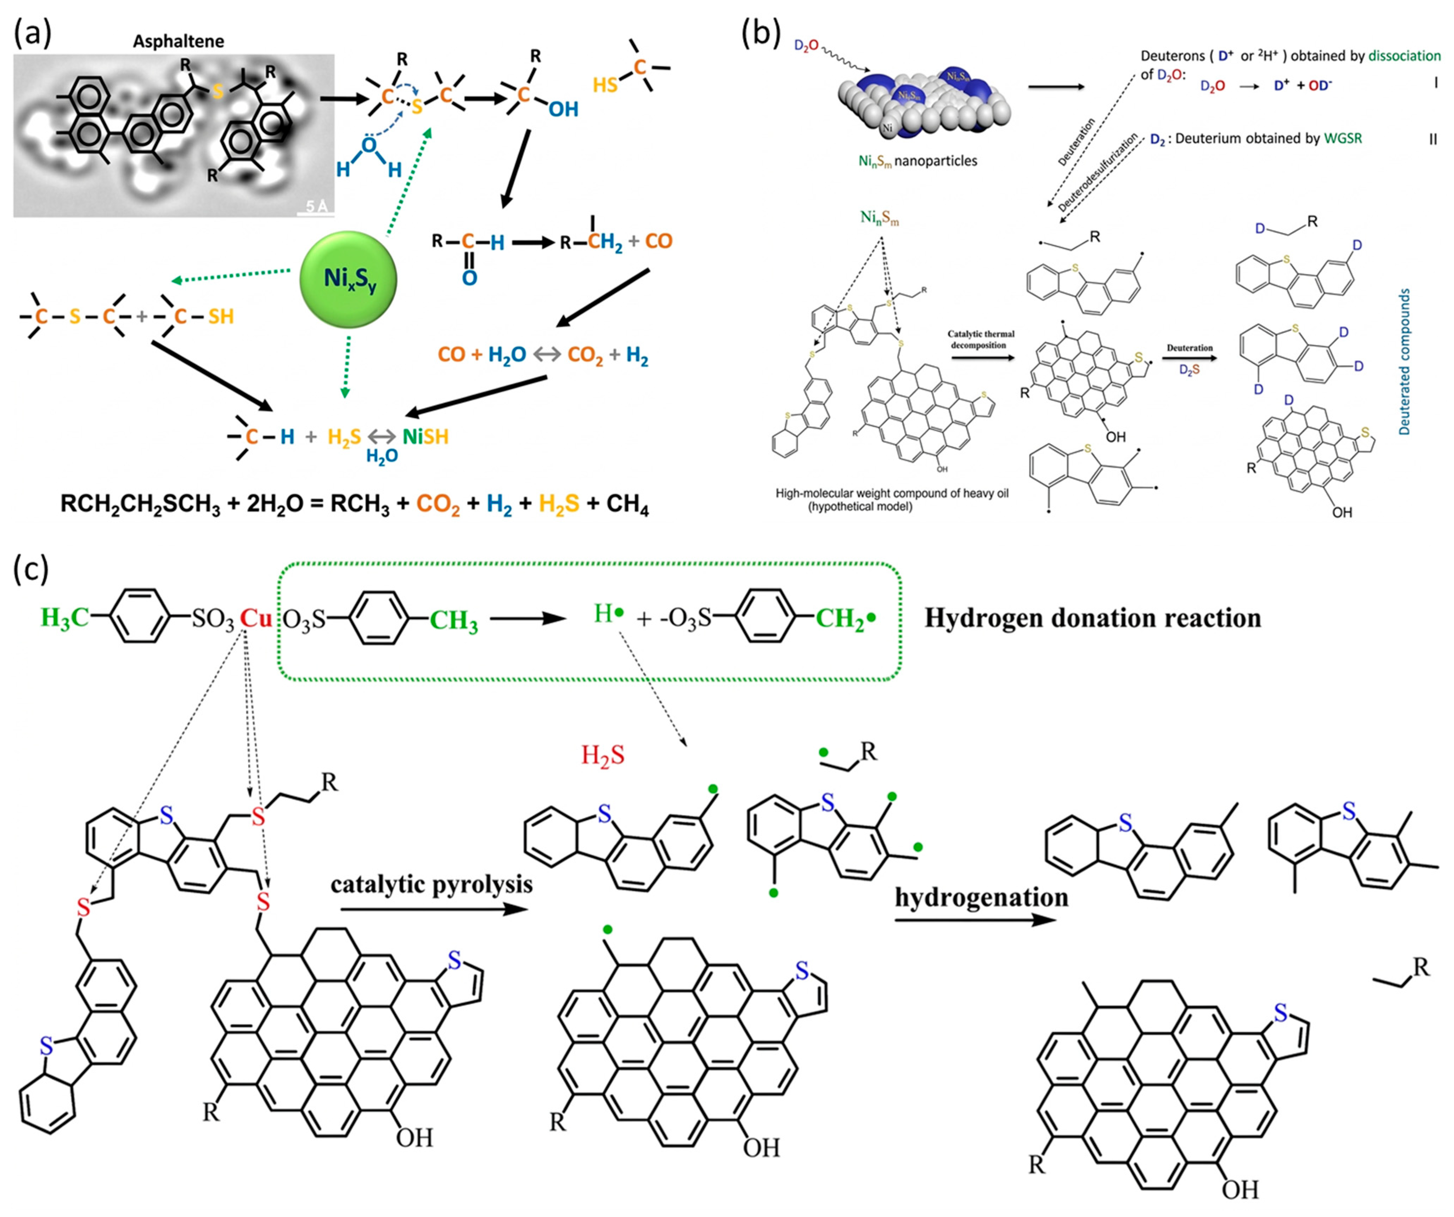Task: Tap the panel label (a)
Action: pyautogui.click(x=32, y=33)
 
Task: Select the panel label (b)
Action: pyautogui.click(x=760, y=33)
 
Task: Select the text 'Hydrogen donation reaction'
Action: pyautogui.click(x=1093, y=617)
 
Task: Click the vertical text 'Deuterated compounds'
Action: pyautogui.click(x=1404, y=361)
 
